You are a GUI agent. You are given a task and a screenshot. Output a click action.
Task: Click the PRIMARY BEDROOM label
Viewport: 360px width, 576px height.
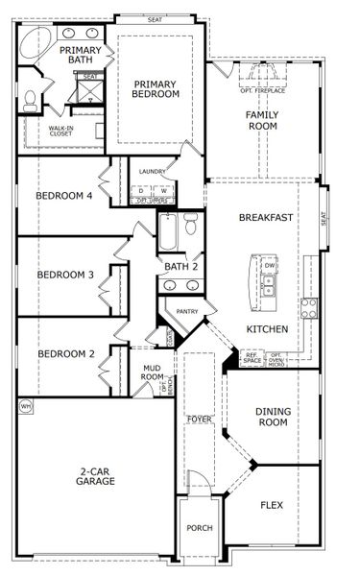tap(156, 88)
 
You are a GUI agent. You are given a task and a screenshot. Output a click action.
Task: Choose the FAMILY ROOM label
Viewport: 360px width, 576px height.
tap(262, 119)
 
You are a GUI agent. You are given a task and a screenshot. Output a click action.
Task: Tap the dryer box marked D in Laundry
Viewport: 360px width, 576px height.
tap(142, 190)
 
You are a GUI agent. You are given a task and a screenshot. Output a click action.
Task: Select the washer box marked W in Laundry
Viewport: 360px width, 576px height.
tap(163, 190)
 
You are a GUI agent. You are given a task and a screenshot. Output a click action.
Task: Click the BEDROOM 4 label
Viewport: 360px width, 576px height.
tap(64, 197)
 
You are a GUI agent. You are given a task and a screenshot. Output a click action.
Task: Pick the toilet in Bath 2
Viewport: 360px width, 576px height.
tap(191, 227)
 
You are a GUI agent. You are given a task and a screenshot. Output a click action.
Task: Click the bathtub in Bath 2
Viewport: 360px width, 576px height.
tap(169, 232)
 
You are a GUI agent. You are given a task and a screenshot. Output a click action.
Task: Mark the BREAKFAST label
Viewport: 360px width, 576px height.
tap(266, 218)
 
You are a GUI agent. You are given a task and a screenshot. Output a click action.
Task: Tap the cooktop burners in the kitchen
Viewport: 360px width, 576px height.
tap(310, 308)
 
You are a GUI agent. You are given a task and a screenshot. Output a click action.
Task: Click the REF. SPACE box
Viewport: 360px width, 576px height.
tap(252, 359)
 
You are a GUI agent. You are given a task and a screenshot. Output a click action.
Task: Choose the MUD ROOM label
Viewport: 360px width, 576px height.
tap(152, 372)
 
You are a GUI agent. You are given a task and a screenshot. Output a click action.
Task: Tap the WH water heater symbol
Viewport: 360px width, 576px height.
tap(26, 406)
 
